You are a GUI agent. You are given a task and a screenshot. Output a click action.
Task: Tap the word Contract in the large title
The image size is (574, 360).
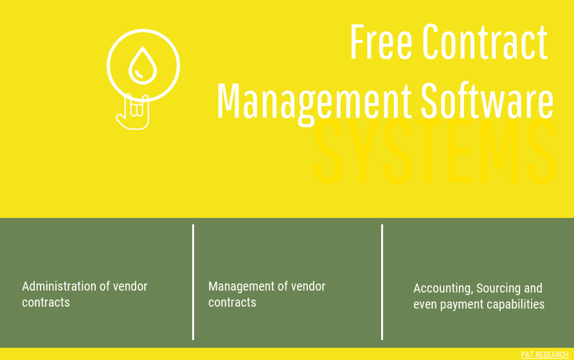[x=485, y=42]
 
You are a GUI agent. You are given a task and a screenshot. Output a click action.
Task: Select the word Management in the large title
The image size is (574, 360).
[x=314, y=101]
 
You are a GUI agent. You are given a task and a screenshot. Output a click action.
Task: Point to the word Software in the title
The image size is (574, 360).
[x=487, y=101]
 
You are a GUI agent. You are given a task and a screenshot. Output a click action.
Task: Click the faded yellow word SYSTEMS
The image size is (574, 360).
[x=435, y=155]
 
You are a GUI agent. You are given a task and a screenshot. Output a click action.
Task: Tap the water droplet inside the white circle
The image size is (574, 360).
[x=143, y=66]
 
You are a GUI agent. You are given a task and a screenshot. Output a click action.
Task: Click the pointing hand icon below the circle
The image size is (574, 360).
[x=134, y=113]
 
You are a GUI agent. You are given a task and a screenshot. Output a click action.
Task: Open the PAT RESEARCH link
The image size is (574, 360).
[x=544, y=355]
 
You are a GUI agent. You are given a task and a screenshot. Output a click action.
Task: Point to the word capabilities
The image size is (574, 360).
[x=516, y=304]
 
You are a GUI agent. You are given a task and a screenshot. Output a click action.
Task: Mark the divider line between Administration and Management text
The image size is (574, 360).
[x=193, y=282]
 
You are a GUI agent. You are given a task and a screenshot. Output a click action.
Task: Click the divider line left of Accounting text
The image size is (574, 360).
[x=382, y=282]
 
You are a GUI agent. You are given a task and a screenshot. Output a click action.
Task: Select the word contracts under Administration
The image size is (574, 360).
[x=46, y=302]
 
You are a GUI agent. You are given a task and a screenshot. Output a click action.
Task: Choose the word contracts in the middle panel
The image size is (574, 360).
[x=232, y=302]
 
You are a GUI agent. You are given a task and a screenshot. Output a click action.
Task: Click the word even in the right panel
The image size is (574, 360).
[x=425, y=304]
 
